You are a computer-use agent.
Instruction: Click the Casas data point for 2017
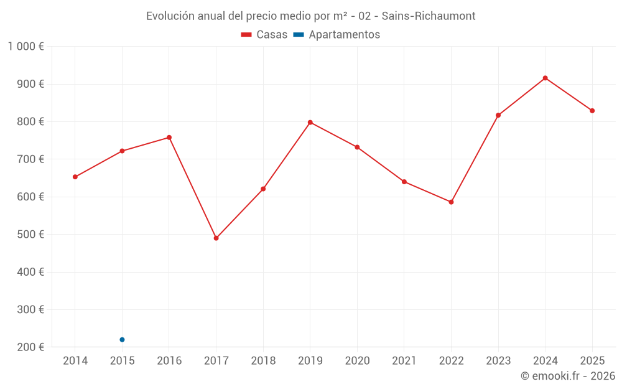216,238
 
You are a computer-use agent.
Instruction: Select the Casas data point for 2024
545,78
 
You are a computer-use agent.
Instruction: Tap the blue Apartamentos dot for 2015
122,340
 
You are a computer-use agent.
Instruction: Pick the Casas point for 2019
310,123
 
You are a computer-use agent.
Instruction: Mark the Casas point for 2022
451,202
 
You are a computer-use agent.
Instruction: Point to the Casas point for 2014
75,177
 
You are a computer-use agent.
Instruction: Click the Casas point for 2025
592,111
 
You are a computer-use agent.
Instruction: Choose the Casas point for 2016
169,138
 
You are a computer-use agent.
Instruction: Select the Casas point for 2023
498,115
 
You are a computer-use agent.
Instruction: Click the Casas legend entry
264,35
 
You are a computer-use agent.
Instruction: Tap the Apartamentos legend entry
337,35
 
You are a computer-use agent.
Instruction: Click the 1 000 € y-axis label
26,47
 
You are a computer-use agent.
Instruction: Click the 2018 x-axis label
263,361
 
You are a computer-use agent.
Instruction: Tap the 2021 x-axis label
404,361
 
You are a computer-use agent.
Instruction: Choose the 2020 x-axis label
357,361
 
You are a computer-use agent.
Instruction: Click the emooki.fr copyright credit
568,376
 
